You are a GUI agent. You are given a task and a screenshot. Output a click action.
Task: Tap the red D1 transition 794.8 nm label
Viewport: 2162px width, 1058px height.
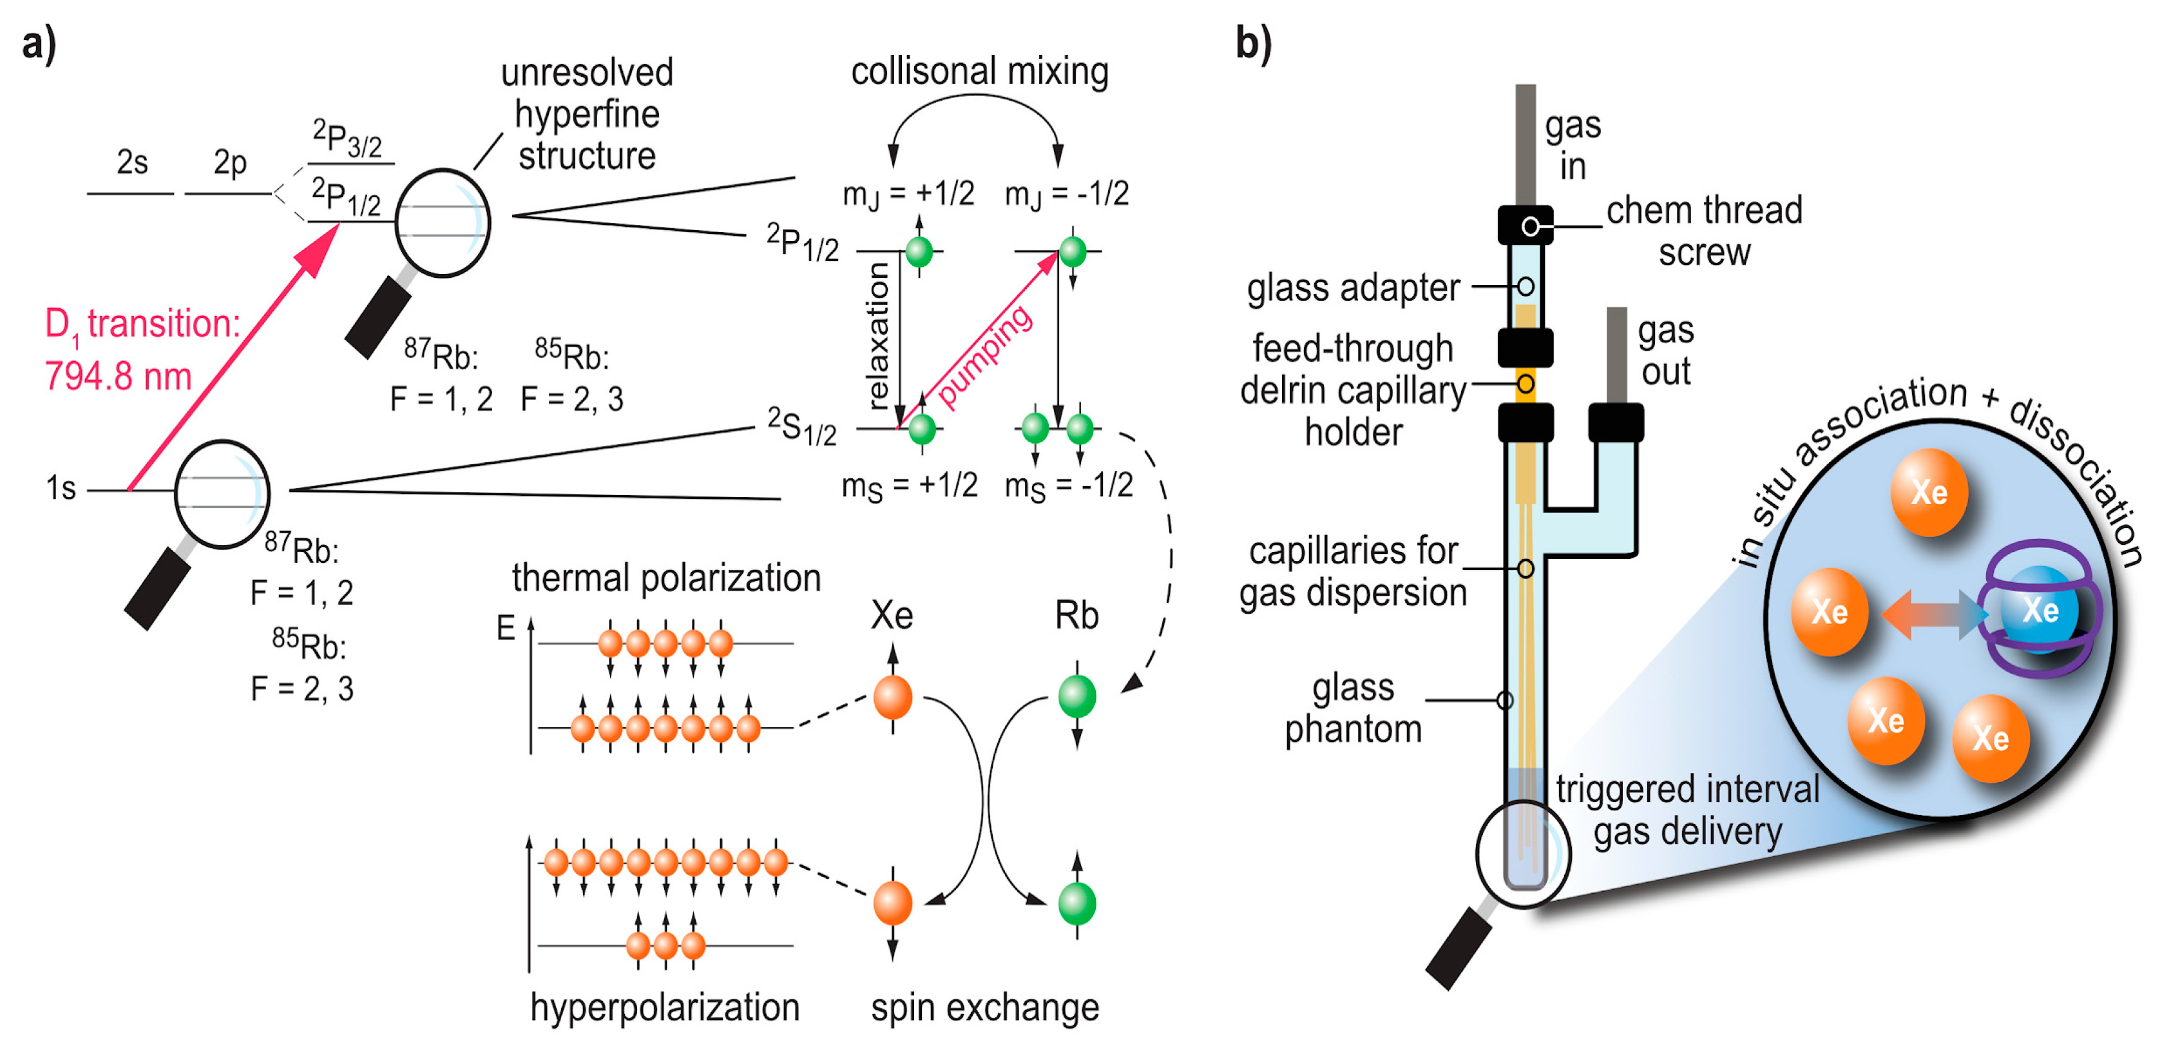coord(141,348)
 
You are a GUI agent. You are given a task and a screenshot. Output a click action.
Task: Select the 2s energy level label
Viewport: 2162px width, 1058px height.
coord(132,162)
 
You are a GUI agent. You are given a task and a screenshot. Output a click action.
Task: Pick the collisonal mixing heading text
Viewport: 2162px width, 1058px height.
coord(979,72)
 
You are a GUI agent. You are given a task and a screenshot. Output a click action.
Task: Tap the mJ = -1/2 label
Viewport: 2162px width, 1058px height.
coord(1066,194)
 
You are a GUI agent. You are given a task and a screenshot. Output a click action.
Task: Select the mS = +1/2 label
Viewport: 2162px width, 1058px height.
coord(909,485)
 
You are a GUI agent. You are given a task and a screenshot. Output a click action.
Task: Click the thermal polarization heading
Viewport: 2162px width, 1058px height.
coord(665,578)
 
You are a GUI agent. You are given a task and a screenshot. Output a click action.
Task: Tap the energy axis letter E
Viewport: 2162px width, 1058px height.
coord(505,627)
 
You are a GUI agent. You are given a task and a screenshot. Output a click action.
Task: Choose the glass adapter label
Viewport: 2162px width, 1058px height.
coord(1352,288)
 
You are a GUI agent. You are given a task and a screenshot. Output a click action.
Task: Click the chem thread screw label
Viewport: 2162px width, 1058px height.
coord(1704,230)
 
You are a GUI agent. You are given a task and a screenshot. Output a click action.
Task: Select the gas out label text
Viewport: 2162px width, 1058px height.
coord(1665,350)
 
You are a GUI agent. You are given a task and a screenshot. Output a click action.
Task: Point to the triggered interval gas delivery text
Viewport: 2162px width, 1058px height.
coord(1687,809)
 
